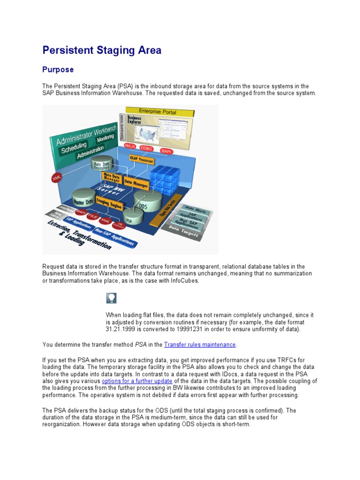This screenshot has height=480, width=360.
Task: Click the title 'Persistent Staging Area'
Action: click(102, 50)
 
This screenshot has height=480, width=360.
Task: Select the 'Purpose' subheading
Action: click(58, 69)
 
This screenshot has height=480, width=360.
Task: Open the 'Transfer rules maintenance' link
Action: click(200, 345)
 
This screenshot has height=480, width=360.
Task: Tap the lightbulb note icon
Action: click(112, 298)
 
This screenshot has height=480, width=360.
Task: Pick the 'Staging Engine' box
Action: click(109, 203)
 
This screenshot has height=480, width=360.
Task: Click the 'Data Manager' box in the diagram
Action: click(136, 182)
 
